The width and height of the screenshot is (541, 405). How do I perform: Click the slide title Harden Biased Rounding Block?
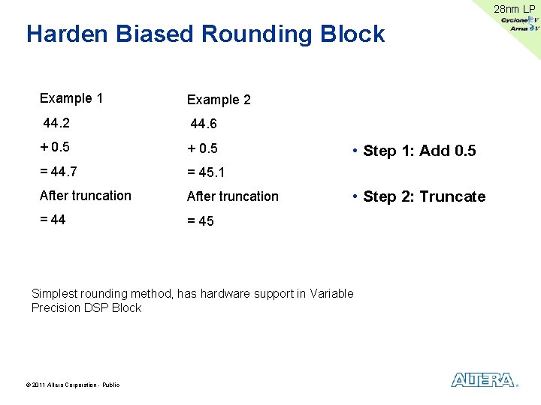[x=205, y=34]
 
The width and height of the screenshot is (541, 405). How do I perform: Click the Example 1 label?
[x=71, y=98]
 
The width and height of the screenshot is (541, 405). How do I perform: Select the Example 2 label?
[x=219, y=100]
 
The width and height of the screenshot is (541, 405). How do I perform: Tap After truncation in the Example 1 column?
[x=85, y=196]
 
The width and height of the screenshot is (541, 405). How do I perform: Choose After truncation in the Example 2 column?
[x=232, y=196]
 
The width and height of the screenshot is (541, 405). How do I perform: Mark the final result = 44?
[x=53, y=220]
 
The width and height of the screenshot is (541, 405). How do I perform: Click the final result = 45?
[x=200, y=221]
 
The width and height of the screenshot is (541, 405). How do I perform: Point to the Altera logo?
[x=484, y=380]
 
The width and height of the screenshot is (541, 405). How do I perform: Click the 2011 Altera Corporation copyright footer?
[x=72, y=385]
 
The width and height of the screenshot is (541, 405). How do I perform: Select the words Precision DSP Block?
[x=86, y=307]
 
